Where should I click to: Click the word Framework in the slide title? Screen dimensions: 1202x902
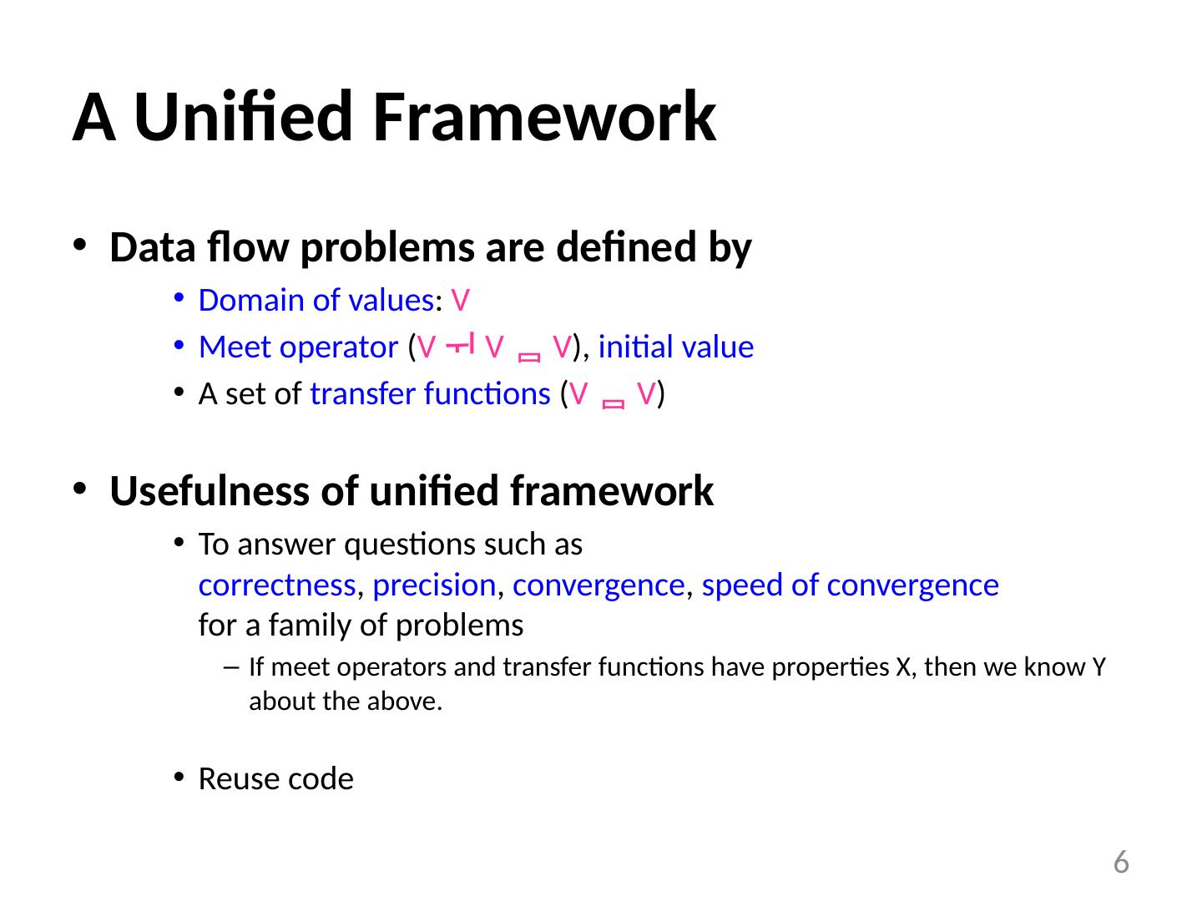click(544, 118)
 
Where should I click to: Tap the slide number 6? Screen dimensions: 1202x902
click(1121, 861)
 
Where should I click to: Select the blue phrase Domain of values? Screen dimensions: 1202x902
click(316, 300)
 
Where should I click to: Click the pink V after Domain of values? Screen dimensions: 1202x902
click(460, 300)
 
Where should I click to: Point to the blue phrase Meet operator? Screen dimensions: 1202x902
click(298, 347)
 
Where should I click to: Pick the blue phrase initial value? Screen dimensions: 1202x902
click(675, 347)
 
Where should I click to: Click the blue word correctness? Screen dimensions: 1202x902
click(277, 585)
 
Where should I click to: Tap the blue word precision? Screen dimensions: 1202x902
click(434, 585)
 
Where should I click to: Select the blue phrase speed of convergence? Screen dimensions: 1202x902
click(850, 585)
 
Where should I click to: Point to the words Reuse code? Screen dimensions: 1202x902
click(275, 779)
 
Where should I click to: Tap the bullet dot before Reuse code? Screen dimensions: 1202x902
click(178, 778)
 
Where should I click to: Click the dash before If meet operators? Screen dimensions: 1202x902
click(232, 667)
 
